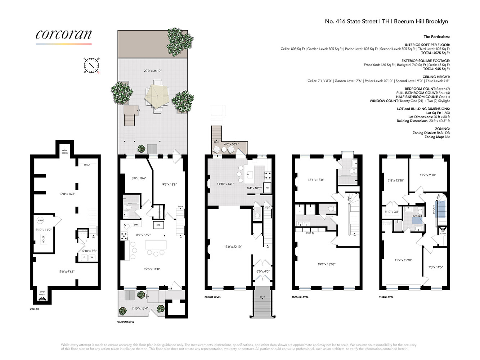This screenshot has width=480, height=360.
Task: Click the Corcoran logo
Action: tap(64, 35)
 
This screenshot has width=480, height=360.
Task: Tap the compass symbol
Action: tap(91, 65)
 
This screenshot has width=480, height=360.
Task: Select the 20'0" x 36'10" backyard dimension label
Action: tap(153, 71)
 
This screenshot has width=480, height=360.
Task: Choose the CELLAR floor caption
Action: tap(35, 309)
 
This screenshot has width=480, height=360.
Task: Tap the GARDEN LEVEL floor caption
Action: tap(126, 322)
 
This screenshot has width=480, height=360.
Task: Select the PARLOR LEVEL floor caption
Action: tap(213, 297)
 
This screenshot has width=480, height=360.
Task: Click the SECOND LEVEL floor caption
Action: tap(300, 297)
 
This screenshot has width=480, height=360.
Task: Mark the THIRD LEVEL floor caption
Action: tap(386, 297)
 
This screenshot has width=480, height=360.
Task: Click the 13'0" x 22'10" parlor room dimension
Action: tap(233, 247)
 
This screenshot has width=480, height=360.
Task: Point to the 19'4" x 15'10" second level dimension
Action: tap(326, 264)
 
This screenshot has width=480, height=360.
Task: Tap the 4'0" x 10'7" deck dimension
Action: tap(231, 144)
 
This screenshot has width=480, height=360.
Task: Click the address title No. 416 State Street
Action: tap(386, 21)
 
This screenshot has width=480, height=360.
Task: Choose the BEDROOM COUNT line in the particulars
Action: tap(427, 89)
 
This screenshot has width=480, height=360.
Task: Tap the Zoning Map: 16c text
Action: tap(437, 137)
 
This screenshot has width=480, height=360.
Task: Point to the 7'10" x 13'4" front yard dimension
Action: tap(140, 308)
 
